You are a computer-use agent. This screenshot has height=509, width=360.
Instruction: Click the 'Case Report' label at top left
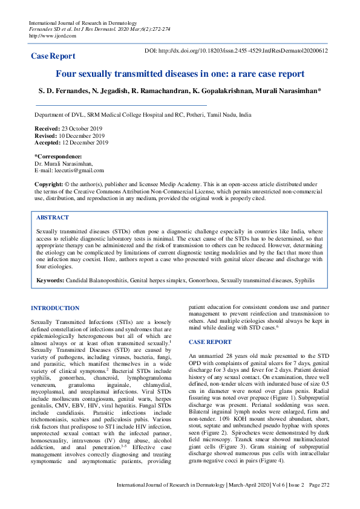point(53,56)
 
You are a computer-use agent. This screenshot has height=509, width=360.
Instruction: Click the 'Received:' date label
point(47,129)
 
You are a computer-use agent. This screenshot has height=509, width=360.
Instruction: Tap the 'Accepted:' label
point(48,143)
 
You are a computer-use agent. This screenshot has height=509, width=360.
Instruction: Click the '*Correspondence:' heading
point(58,157)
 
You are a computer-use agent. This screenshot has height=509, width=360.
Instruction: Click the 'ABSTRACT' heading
point(53,217)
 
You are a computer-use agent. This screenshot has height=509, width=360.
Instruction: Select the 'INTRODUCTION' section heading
point(55,308)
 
